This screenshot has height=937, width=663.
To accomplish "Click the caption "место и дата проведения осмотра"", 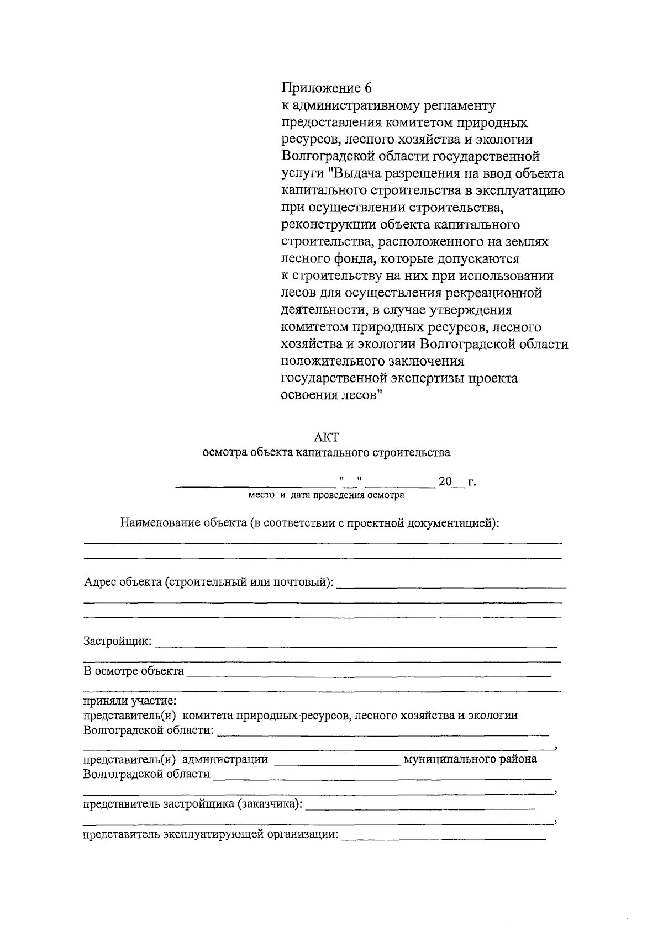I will [326, 495].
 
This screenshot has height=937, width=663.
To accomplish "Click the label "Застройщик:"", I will [117, 641].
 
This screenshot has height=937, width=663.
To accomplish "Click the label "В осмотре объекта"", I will [133, 671].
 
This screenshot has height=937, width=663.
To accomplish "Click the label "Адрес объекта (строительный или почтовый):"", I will [208, 582].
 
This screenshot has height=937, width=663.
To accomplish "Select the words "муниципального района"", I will [470, 759].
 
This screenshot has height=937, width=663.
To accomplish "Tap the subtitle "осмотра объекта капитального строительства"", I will [326, 453].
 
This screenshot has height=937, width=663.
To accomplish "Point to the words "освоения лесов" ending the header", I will [329, 396].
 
